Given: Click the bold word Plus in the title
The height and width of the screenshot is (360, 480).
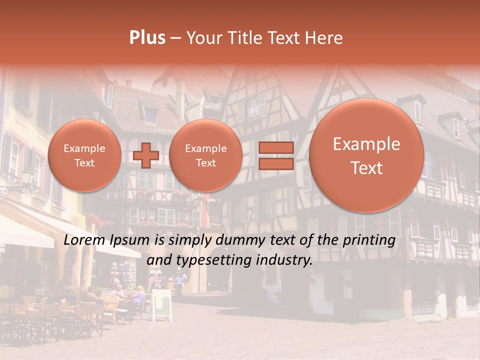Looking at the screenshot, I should (x=147, y=38).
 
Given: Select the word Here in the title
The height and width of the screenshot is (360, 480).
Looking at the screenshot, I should (x=324, y=38).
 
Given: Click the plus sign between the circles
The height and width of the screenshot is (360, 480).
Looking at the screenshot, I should (x=145, y=155).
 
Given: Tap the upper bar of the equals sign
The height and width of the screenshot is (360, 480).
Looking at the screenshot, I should (x=276, y=148).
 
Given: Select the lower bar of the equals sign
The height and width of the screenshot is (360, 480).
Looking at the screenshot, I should (x=276, y=163).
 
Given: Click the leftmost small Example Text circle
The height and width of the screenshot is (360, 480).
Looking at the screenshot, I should (x=84, y=155).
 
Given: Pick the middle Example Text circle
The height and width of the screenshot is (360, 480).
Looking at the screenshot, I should (x=205, y=155).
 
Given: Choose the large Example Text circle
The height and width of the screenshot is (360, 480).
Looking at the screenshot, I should (x=366, y=155).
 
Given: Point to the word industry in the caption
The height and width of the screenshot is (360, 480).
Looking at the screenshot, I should (x=284, y=260).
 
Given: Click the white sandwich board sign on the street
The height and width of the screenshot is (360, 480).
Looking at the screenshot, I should (x=161, y=304).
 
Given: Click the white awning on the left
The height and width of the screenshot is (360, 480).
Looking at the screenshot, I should (x=25, y=235).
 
